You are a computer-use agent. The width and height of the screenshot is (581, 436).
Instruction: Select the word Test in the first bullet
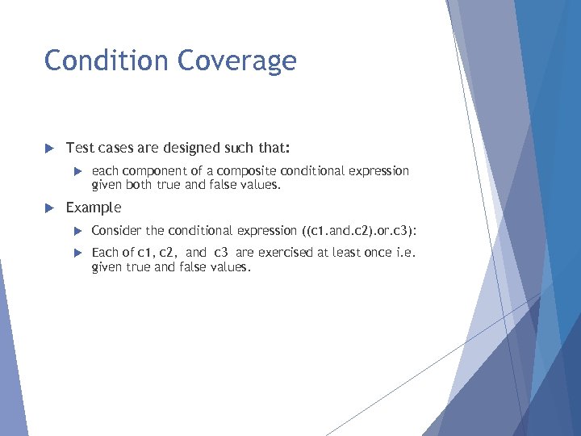(x=79, y=148)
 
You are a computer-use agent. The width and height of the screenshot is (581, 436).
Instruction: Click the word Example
(x=94, y=208)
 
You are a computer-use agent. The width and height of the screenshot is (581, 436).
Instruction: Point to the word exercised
(x=286, y=253)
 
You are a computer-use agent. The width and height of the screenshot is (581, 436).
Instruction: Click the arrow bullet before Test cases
(x=48, y=149)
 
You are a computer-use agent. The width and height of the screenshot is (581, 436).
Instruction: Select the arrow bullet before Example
(x=48, y=208)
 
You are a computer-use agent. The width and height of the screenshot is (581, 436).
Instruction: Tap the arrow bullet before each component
(x=78, y=171)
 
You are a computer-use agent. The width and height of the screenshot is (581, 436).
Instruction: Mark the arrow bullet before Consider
(x=78, y=231)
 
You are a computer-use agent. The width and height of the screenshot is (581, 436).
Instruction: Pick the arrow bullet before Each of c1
(x=78, y=253)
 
